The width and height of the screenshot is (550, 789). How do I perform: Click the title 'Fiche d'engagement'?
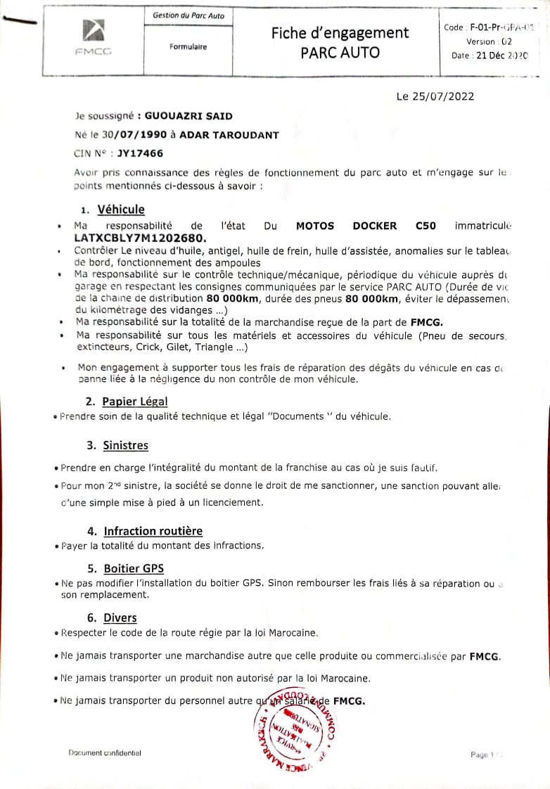340,32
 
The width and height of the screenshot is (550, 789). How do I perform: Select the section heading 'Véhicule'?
121,209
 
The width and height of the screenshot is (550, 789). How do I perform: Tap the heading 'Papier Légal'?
135,401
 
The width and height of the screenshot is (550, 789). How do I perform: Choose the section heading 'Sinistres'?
125,445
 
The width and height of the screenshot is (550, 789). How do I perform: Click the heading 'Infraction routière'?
153,531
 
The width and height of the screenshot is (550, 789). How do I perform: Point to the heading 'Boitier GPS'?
134,568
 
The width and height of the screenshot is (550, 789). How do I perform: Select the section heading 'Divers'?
120,617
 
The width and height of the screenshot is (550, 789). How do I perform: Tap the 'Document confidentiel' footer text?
105,753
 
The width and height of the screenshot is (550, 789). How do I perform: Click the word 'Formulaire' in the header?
188,47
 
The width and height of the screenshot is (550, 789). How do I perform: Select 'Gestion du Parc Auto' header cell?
188,15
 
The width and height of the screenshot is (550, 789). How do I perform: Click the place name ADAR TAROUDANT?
229,134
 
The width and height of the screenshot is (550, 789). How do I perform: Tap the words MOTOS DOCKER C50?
366,226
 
